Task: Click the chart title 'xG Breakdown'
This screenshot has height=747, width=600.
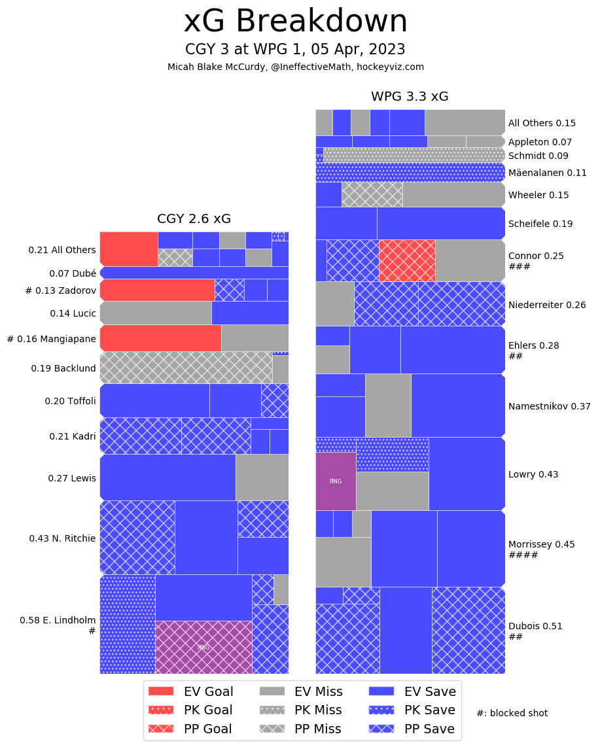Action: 296,22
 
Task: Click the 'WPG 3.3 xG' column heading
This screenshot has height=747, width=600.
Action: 410,96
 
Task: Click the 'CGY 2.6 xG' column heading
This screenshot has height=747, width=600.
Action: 194,218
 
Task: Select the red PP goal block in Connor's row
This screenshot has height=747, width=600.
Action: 407,260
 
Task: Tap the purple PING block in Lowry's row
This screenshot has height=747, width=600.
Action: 336,481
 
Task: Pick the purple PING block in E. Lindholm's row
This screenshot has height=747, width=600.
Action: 203,647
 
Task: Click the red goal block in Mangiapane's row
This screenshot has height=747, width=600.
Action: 160,338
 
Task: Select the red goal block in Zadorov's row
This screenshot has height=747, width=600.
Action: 157,290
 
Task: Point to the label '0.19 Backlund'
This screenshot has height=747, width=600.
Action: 63,368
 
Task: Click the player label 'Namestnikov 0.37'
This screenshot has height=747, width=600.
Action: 549,406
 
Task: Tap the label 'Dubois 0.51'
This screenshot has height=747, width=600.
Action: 535,626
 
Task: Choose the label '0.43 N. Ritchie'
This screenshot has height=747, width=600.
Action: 62,538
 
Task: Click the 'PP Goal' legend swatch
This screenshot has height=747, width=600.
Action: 161,729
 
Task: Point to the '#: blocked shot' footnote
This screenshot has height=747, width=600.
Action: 512,713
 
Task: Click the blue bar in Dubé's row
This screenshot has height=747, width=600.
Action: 194,273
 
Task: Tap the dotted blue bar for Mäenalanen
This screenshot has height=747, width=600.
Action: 410,173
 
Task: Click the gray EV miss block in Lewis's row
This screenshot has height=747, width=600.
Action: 262,477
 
